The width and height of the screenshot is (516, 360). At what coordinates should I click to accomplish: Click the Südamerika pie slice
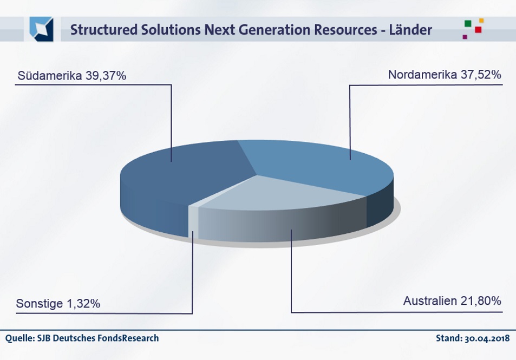[178, 178]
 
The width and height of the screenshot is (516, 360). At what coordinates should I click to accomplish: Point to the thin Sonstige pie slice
[193, 221]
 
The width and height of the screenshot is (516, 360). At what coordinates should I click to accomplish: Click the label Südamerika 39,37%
[71, 76]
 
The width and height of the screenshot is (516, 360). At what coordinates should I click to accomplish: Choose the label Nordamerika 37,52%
[445, 75]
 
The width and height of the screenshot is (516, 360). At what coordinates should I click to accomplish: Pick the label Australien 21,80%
[452, 301]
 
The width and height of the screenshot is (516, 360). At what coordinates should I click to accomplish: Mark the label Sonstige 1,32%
[58, 303]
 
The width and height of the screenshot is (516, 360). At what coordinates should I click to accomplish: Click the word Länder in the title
[410, 30]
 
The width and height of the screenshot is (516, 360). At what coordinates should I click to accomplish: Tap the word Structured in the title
[103, 30]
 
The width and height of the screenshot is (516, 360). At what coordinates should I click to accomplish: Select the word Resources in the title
[345, 30]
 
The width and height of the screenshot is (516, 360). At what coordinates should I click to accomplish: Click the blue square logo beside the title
[42, 29]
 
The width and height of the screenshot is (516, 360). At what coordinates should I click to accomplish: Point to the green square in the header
[468, 24]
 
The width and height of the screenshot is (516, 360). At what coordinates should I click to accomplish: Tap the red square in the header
[478, 30]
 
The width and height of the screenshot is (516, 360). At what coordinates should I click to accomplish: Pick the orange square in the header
[481, 21]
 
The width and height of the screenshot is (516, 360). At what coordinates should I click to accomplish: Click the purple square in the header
[465, 37]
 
